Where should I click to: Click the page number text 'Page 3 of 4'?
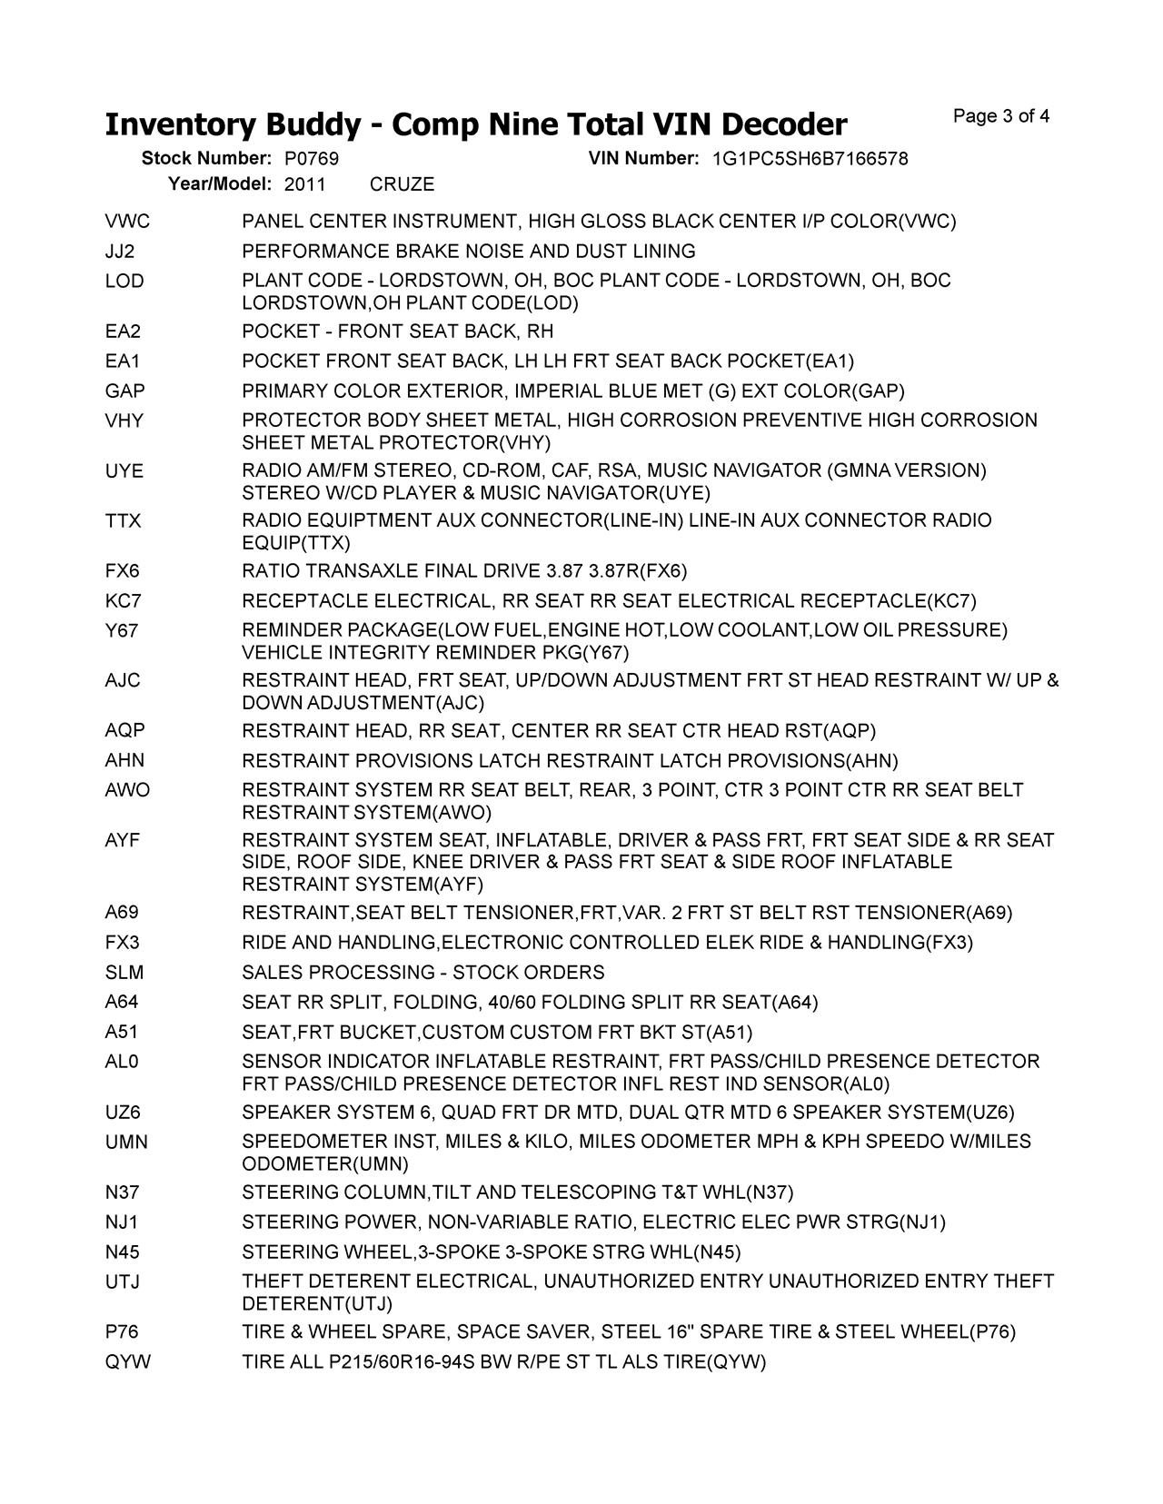(1001, 116)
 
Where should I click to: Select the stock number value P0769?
(312, 159)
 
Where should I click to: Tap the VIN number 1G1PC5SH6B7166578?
(810, 159)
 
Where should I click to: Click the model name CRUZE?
(403, 184)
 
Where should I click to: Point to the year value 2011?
(305, 184)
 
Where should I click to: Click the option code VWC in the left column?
(127, 222)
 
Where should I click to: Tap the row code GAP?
(125, 391)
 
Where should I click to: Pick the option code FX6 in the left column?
(123, 571)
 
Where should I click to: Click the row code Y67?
(122, 630)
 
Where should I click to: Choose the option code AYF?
(123, 840)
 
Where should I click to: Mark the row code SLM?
(124, 973)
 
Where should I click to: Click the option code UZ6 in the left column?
(123, 1113)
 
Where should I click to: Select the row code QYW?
(128, 1361)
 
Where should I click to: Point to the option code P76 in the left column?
(122, 1331)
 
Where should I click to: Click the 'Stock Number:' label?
(207, 159)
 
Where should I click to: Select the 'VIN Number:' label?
(643, 159)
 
